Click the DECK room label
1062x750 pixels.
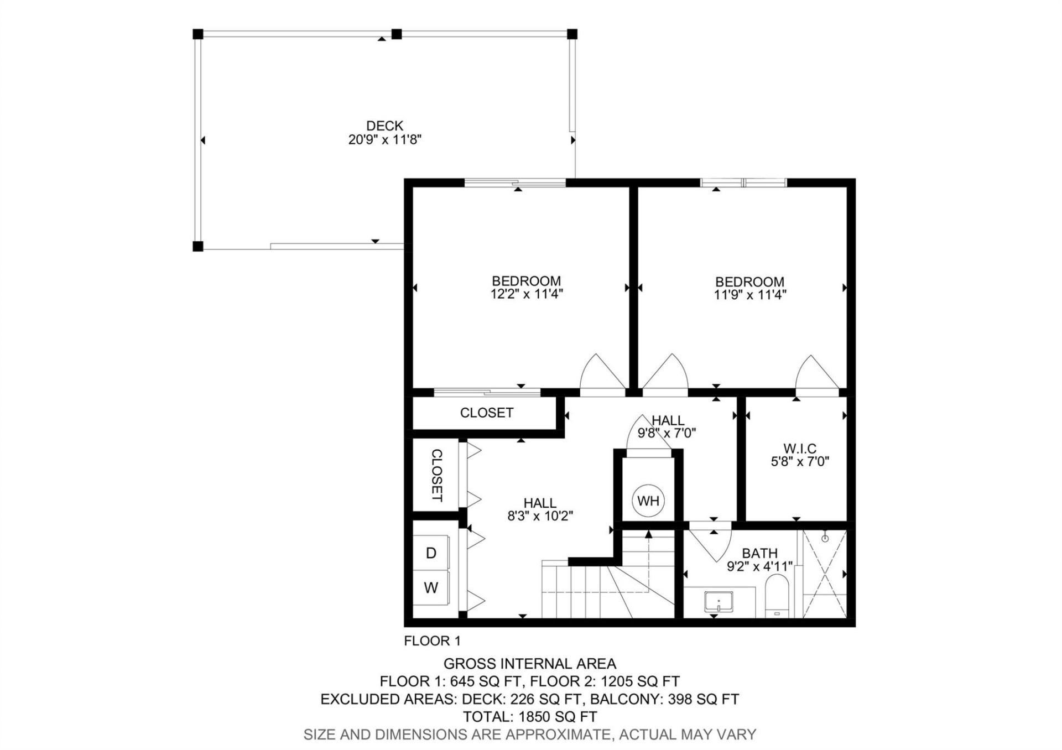click(x=384, y=126)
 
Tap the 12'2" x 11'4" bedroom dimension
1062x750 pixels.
click(x=526, y=294)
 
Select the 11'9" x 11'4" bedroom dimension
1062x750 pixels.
click(x=749, y=295)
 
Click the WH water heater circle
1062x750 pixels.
click(x=648, y=501)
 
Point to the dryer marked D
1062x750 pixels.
click(x=431, y=553)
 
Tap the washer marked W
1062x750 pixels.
click(x=431, y=587)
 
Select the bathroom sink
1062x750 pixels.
click(x=719, y=602)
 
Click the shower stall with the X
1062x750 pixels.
click(x=824, y=574)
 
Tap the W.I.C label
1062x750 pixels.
click(x=800, y=449)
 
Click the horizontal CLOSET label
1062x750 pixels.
click(x=486, y=413)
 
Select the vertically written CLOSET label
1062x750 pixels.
click(x=436, y=475)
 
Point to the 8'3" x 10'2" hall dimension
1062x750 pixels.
click(x=540, y=517)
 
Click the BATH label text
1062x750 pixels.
click(x=759, y=553)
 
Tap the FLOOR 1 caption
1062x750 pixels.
click(x=432, y=641)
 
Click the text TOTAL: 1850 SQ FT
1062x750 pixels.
click(x=529, y=717)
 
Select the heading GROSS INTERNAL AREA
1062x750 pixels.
click(x=529, y=664)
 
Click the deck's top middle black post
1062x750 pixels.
click(x=396, y=34)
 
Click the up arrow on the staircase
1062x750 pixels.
click(x=648, y=534)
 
